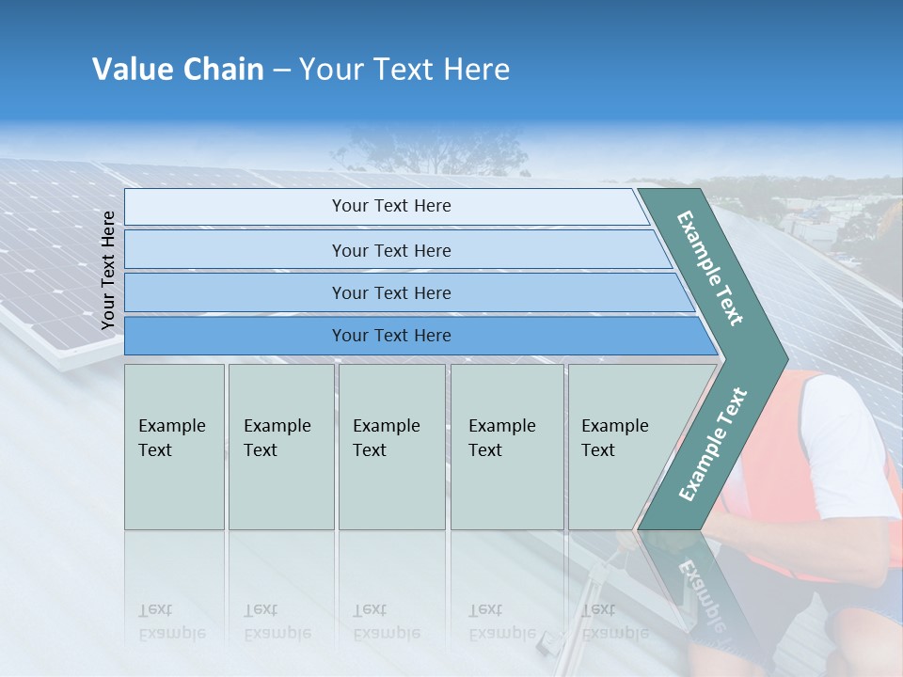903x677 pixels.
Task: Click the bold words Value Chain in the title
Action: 178,70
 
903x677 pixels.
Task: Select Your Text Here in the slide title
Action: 404,70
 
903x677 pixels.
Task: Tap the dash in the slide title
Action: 281,71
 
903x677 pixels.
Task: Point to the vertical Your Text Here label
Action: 108,270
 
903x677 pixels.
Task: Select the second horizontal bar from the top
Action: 391,250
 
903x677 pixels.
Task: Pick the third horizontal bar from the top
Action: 391,292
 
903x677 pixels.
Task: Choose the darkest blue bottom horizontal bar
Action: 391,336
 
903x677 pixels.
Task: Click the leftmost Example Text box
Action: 174,447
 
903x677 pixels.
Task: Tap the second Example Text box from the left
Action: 280,447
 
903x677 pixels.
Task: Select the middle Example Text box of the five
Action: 391,447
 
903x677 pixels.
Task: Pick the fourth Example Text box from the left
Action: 506,447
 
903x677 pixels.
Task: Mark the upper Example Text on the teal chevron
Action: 710,268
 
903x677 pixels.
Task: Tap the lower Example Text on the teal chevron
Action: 713,445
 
